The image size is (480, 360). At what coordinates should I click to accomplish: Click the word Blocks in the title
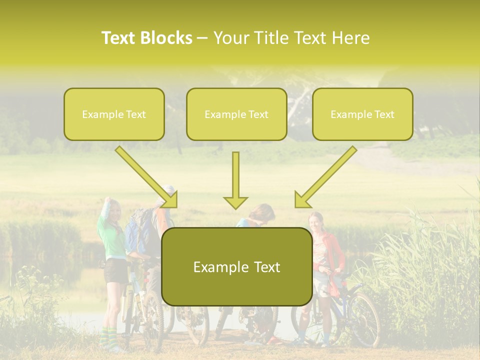tap(167, 38)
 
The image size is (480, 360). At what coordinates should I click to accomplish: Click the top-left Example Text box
tap(114, 114)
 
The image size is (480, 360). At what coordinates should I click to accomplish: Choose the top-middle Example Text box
tap(236, 114)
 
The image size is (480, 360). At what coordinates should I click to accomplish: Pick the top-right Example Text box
tap(362, 114)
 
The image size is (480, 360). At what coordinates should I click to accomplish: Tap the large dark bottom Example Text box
tap(236, 266)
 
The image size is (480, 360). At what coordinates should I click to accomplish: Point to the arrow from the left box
tap(147, 177)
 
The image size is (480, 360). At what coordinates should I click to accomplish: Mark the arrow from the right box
tap(325, 177)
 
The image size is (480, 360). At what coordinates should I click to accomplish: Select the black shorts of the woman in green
tap(116, 270)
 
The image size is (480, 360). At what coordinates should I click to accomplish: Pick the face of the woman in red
tap(316, 222)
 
